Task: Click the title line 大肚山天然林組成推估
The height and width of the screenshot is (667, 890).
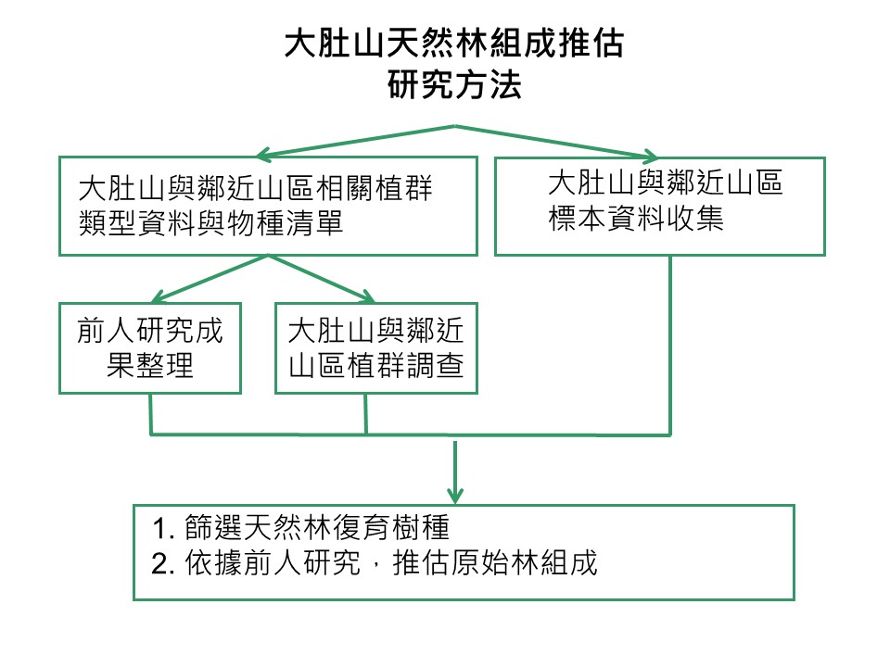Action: point(453,44)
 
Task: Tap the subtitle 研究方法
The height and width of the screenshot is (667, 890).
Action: point(454,85)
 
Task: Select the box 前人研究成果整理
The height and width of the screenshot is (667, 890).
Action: point(150,348)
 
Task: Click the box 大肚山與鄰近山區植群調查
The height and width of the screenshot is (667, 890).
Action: point(376,348)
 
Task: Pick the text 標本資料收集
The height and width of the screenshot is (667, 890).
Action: point(636,219)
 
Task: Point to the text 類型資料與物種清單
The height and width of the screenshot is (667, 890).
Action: point(211,223)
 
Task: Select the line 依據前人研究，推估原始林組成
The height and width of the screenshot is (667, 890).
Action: point(391,563)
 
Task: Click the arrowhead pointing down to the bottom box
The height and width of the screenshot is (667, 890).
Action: point(455,496)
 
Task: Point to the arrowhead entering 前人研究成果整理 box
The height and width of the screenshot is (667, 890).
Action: point(159,296)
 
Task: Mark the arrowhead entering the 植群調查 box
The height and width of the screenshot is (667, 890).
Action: point(368,296)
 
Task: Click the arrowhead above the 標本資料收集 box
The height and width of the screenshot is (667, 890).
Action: point(650,156)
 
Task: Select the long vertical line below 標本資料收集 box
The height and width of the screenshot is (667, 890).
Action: point(670,346)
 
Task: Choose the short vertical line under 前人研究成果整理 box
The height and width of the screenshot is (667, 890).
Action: point(150,415)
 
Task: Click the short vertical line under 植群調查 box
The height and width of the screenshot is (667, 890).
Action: point(365,415)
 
